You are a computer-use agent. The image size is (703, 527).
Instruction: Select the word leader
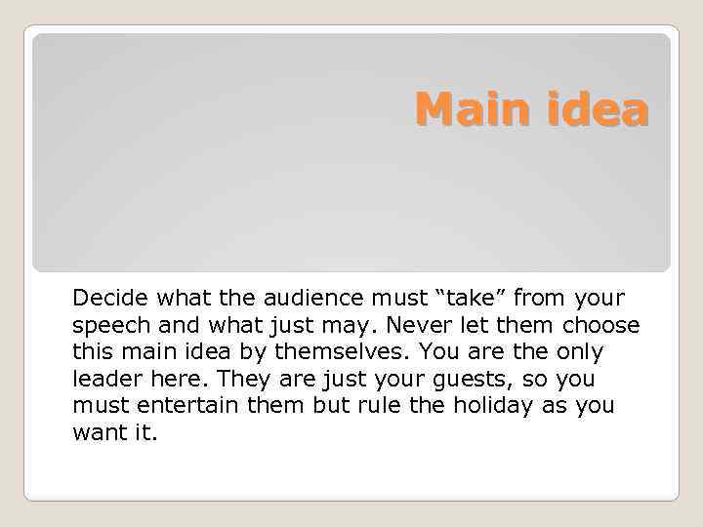click(x=104, y=379)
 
